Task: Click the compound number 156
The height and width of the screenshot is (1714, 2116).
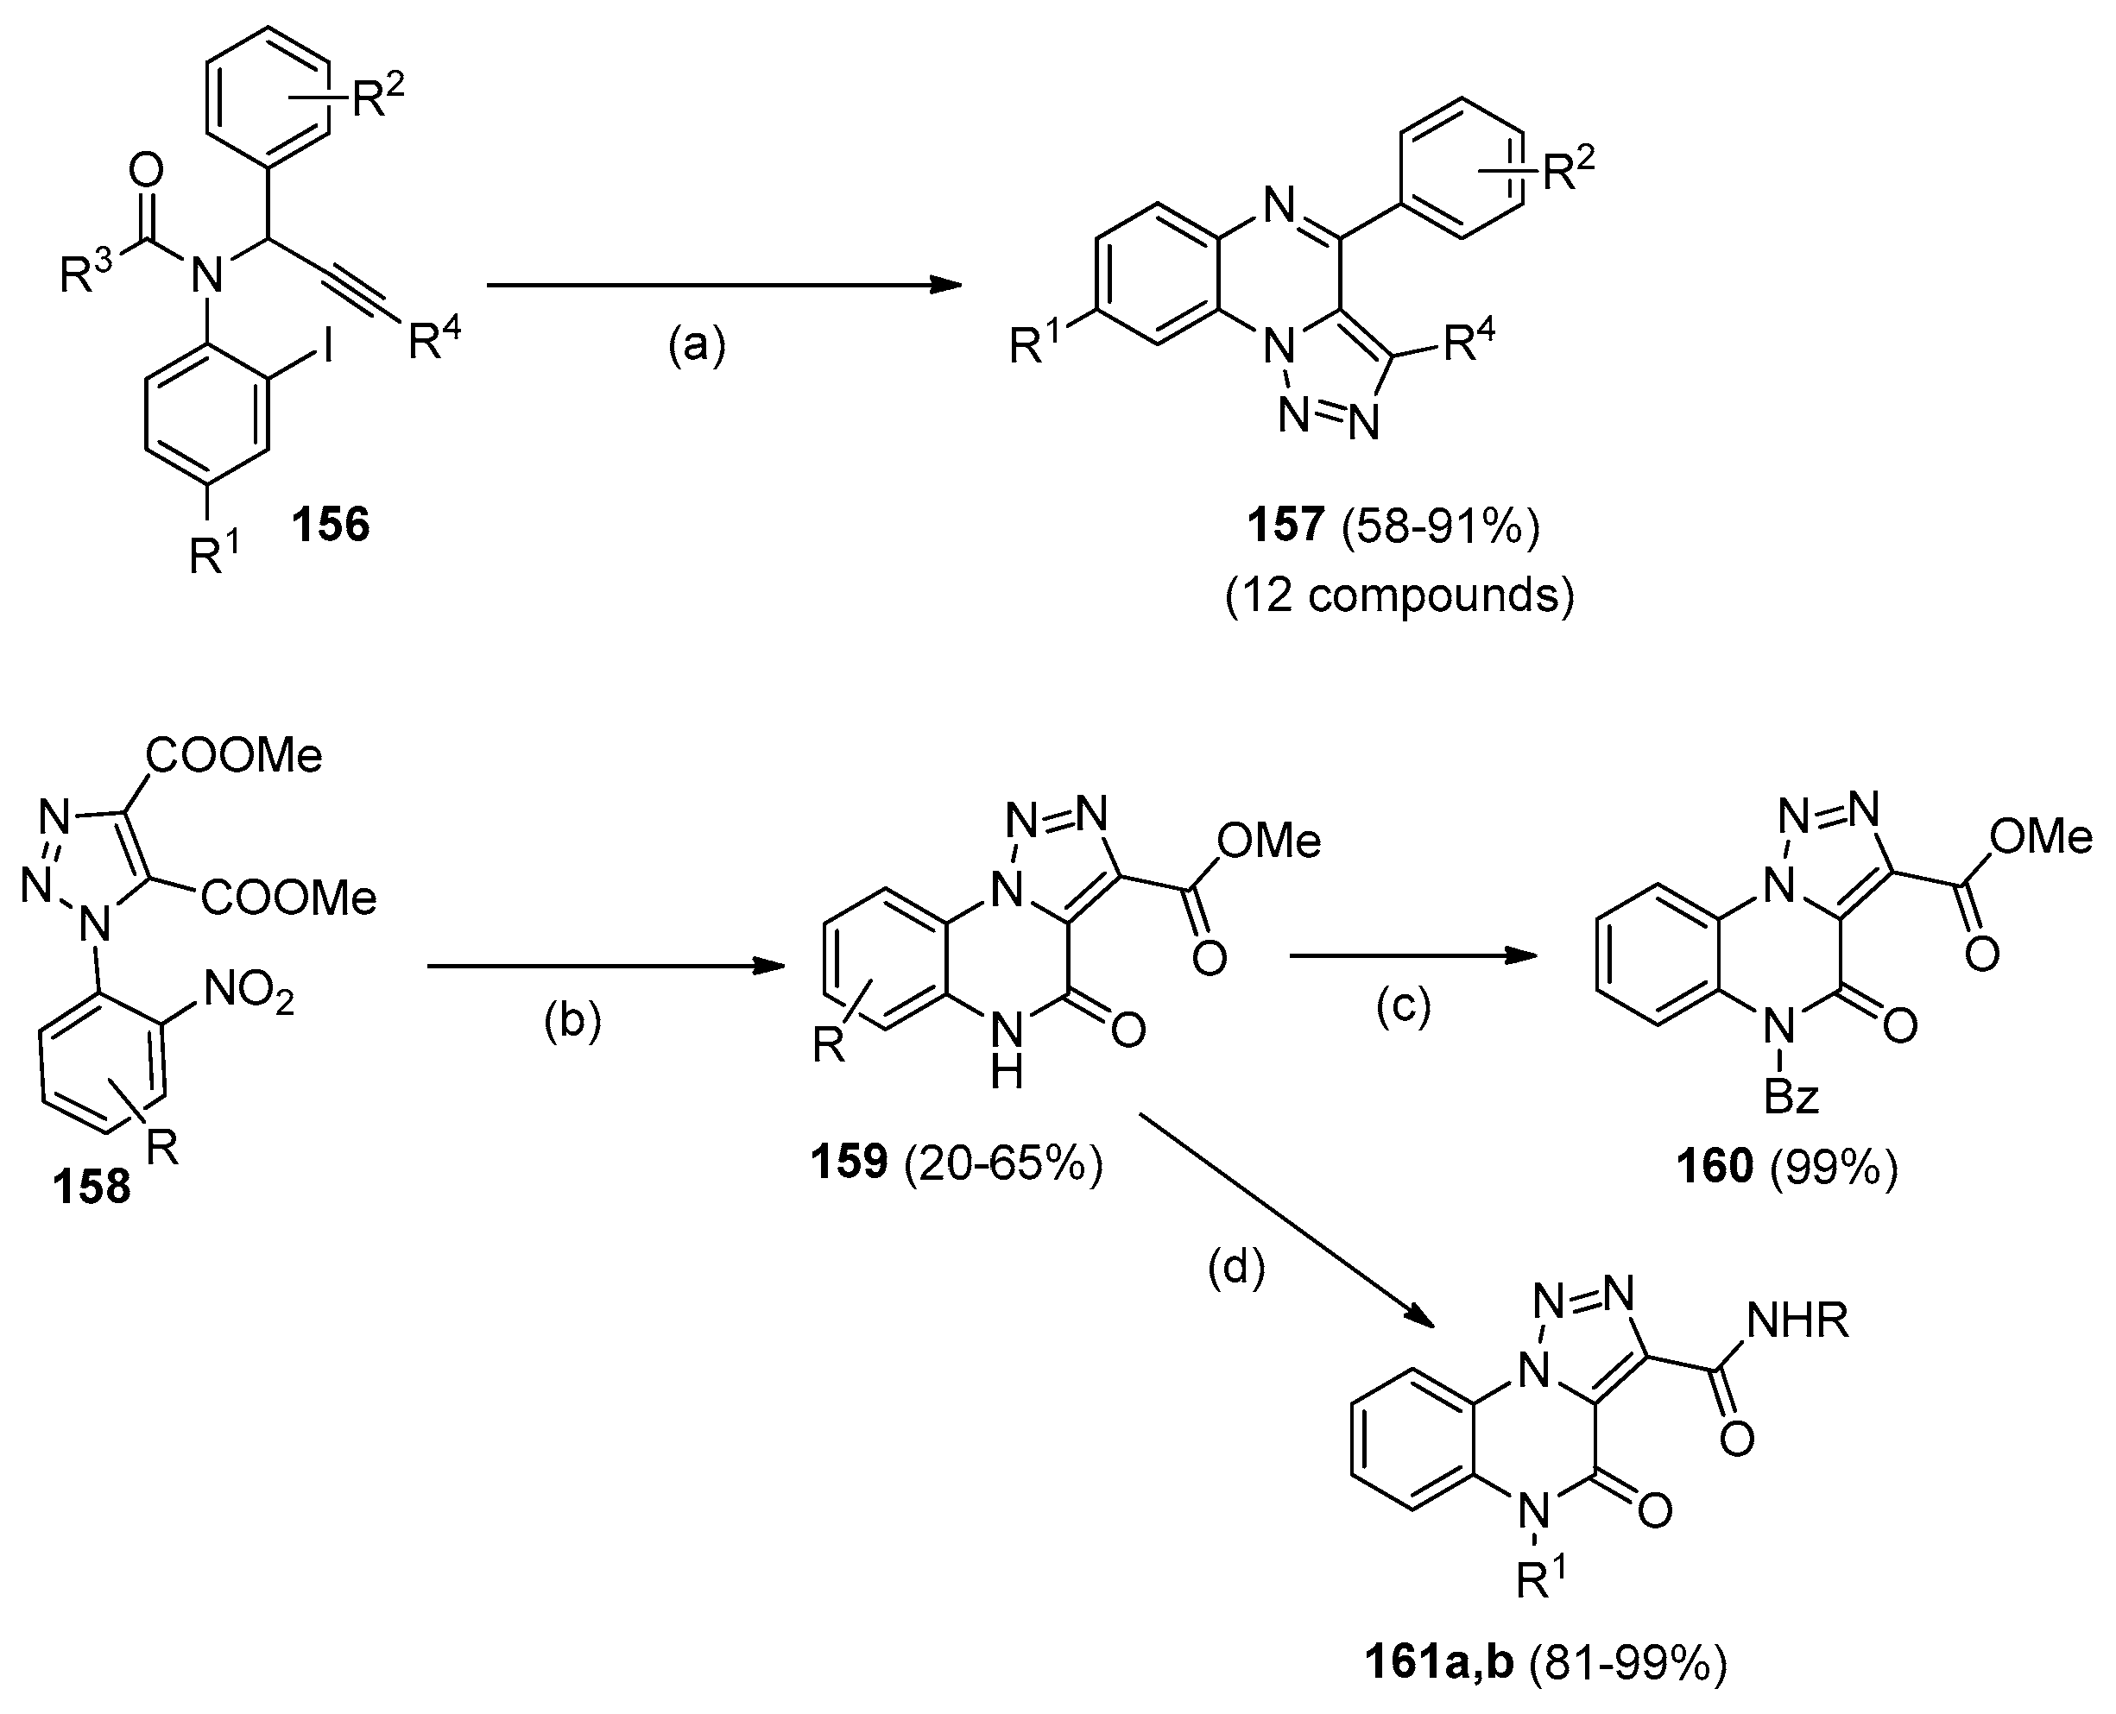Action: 330,523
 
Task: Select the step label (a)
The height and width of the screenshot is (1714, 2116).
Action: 696,345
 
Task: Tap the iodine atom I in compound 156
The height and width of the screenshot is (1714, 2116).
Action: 324,377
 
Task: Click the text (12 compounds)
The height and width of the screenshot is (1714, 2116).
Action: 1399,595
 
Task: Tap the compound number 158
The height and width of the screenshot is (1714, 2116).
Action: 92,1186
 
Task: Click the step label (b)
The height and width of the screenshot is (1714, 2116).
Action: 572,1022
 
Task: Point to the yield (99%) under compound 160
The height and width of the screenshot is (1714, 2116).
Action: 1835,1167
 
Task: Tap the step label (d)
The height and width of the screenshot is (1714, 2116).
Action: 1236,1269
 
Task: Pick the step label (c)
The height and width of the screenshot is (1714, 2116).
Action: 1403,1007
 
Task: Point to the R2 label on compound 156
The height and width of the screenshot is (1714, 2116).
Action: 378,97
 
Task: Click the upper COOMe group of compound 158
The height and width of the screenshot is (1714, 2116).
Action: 235,756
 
